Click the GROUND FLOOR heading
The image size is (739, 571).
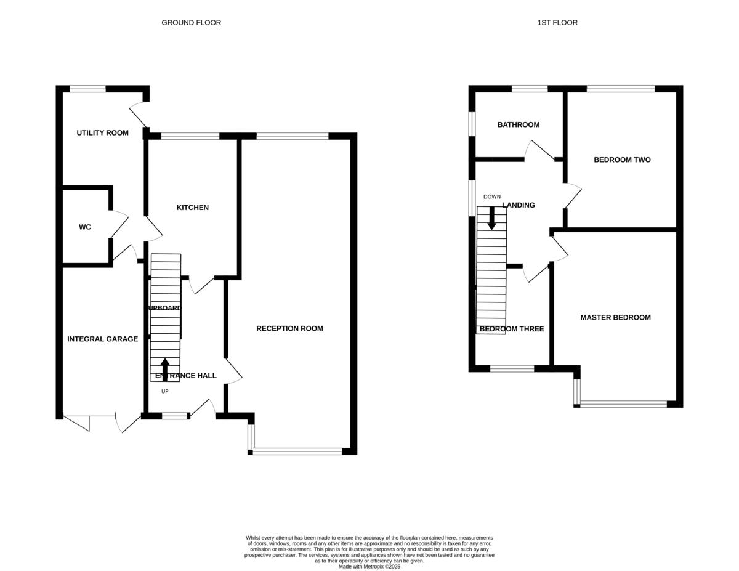tap(191, 23)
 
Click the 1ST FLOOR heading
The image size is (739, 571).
tap(557, 23)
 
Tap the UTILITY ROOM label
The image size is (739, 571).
tap(102, 133)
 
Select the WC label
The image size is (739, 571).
tap(85, 227)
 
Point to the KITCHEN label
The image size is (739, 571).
tap(193, 208)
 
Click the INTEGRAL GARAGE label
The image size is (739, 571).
tap(102, 339)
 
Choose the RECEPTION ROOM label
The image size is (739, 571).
tap(289, 329)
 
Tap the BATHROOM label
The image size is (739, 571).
tap(518, 125)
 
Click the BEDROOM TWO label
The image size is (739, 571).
tap(622, 160)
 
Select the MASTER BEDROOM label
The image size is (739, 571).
tap(615, 318)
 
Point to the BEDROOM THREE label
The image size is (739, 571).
tap(511, 329)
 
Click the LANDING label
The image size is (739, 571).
tap(519, 205)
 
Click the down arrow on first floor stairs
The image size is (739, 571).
tap(491, 218)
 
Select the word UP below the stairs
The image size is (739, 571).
tap(164, 392)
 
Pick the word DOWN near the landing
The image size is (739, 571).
tap(492, 197)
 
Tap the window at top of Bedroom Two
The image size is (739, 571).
tap(620, 89)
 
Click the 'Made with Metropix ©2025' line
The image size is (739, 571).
tap(369, 566)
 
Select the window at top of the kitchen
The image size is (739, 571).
tap(190, 136)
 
